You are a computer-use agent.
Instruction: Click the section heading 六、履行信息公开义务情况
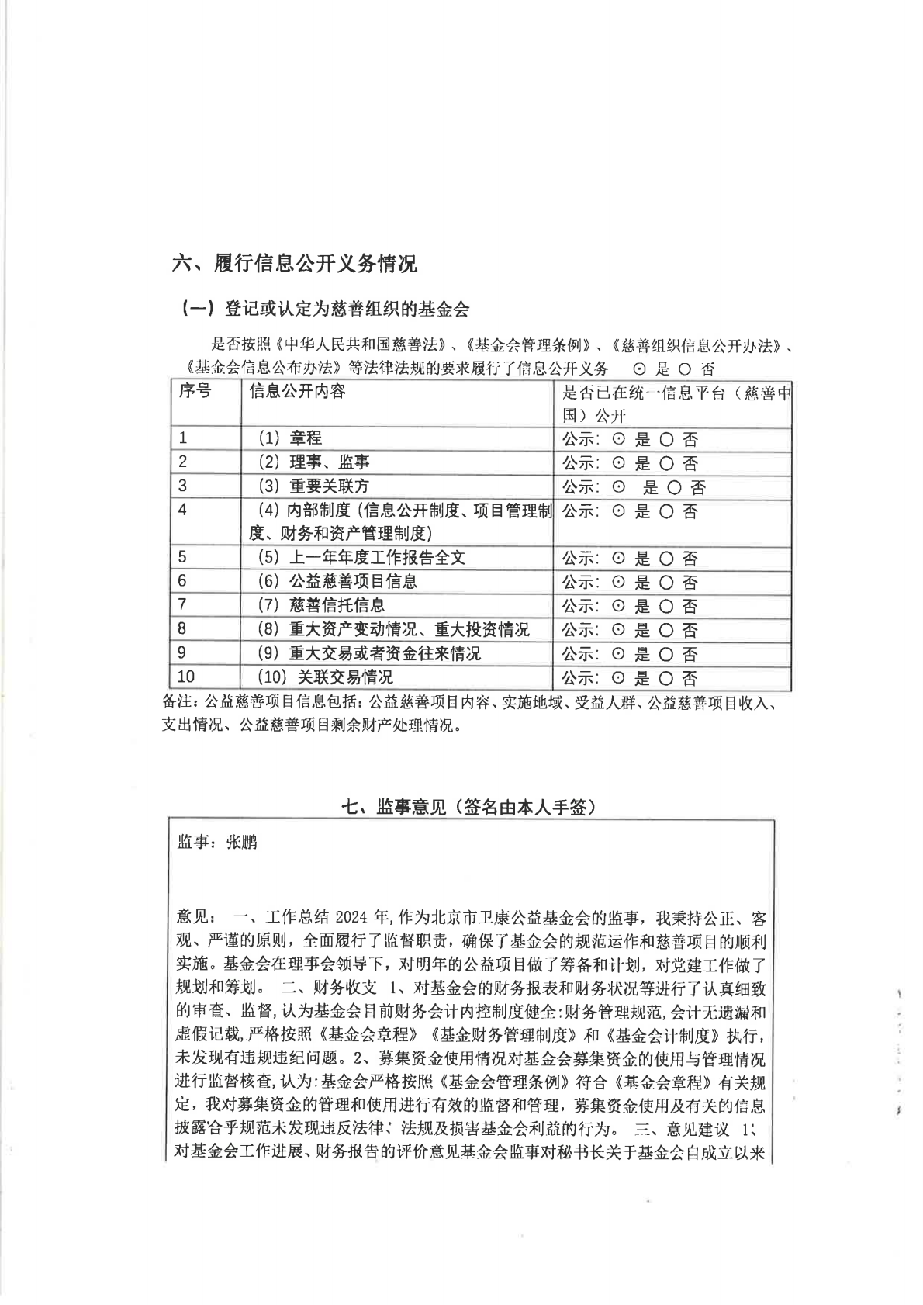click(294, 264)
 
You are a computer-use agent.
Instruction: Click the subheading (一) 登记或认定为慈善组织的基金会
click(325, 309)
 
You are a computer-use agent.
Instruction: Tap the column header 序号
click(195, 391)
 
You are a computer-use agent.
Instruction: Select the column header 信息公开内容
click(297, 391)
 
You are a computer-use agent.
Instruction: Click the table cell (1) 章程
click(289, 438)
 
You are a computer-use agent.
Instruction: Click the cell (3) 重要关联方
click(313, 486)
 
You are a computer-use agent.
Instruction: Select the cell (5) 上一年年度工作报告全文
click(361, 558)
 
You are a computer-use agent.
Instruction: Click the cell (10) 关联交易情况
click(325, 677)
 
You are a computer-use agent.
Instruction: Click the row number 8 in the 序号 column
click(182, 629)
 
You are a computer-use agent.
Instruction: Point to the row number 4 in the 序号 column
click(182, 510)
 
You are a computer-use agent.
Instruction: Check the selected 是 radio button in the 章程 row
click(619, 440)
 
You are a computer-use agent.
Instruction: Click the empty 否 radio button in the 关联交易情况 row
click(666, 679)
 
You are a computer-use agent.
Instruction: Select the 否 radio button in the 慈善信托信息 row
click(666, 607)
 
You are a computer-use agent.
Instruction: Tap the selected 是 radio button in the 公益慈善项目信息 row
click(619, 583)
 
